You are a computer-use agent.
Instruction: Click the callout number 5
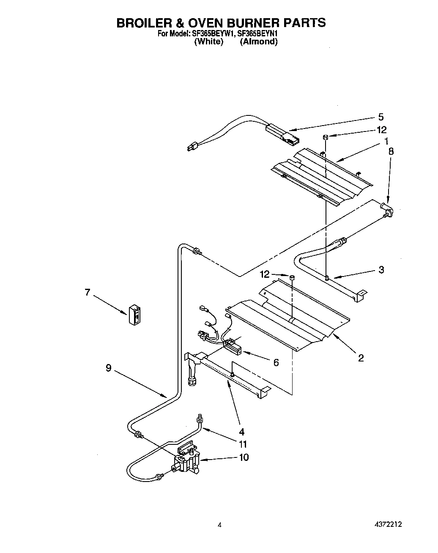(x=381, y=117)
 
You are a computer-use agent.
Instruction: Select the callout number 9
(x=109, y=368)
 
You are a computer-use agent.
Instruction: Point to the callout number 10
(x=244, y=457)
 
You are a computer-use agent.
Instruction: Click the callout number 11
(x=243, y=444)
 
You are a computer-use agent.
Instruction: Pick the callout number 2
(x=361, y=358)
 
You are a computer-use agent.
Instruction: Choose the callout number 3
(x=381, y=269)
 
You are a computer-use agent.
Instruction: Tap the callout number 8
(x=391, y=151)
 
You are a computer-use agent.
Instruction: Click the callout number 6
(x=276, y=362)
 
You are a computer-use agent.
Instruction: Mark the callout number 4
(x=241, y=432)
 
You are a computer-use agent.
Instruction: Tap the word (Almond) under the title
(x=259, y=41)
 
